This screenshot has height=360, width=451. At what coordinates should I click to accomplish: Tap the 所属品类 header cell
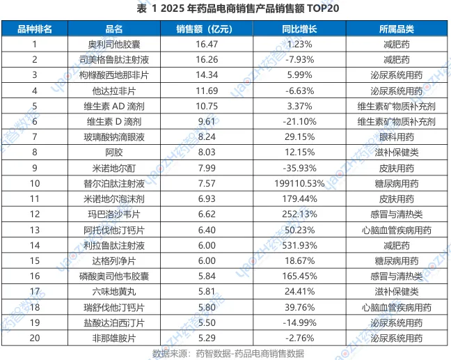click(396, 29)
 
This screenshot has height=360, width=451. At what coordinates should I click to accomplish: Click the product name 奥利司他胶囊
click(114, 44)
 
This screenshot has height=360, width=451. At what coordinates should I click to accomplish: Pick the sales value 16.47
click(206, 44)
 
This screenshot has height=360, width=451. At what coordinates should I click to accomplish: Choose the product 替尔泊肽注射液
click(114, 183)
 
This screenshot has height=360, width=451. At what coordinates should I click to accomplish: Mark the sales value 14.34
click(206, 75)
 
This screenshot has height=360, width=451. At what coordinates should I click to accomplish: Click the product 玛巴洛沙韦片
click(114, 214)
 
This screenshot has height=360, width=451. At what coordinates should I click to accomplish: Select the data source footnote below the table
click(228, 353)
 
